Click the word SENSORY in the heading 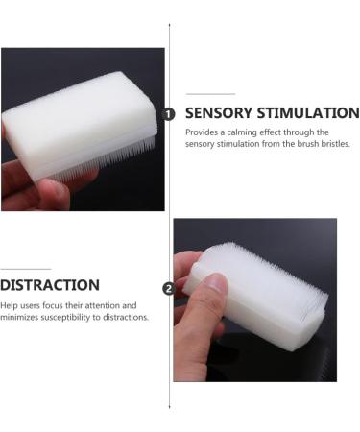pos(217,113)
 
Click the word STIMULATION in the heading pos(306,113)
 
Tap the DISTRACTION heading pos(50,285)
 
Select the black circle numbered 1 pos(170,113)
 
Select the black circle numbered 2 pos(170,287)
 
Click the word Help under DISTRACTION pos(10,305)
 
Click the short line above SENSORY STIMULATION pos(210,94)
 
